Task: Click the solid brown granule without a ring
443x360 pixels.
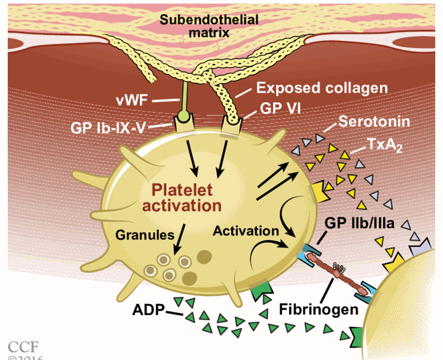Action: [202, 255]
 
